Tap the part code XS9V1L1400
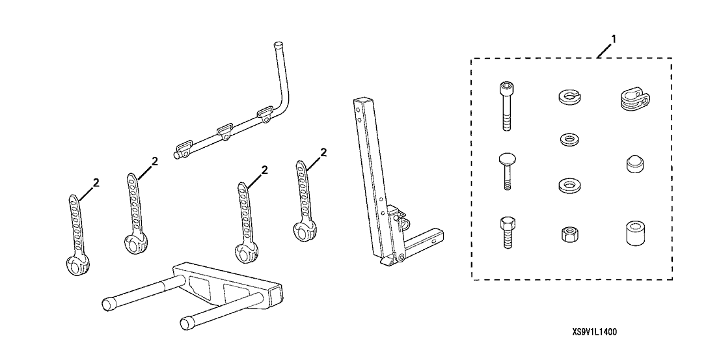click(x=595, y=331)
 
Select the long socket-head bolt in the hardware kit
click(x=506, y=106)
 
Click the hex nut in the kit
click(x=567, y=234)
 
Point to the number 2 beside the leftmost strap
click(x=96, y=182)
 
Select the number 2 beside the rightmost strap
click(x=323, y=152)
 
